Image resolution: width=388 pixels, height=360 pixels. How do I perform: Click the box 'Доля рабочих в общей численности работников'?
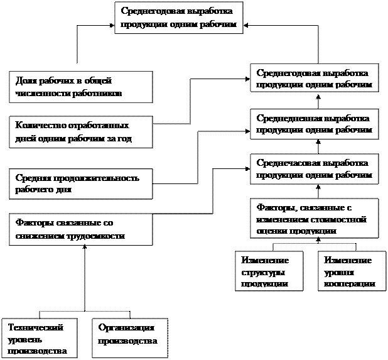point(80,87)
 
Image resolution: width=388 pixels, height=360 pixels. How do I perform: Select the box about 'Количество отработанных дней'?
point(80,132)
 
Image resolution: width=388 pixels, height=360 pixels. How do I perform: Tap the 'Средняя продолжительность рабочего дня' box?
point(80,183)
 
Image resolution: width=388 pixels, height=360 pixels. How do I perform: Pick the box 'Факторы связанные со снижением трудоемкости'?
point(80,229)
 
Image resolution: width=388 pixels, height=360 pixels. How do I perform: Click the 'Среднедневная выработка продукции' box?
point(315,124)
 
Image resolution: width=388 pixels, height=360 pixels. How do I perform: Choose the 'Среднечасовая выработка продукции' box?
point(315,169)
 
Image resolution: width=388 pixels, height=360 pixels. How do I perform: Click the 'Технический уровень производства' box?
point(40,338)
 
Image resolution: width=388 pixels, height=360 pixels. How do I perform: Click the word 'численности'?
point(38,93)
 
